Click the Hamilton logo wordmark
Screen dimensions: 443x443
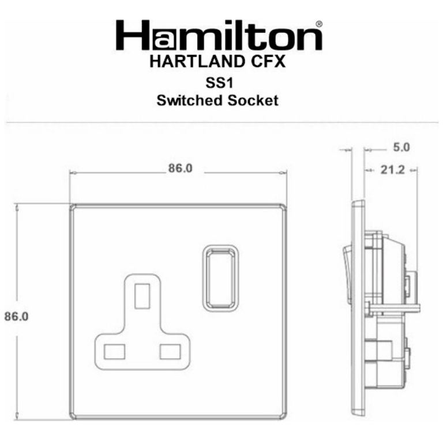[x=219, y=35]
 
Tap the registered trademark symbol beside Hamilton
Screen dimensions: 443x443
[x=318, y=24]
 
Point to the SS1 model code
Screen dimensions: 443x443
[x=220, y=83]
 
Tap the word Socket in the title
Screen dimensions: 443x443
[x=253, y=100]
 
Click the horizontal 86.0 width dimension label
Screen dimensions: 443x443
[x=180, y=168]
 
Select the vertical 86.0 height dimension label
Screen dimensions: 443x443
[x=16, y=317]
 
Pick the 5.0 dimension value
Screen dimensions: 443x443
[x=401, y=147]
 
